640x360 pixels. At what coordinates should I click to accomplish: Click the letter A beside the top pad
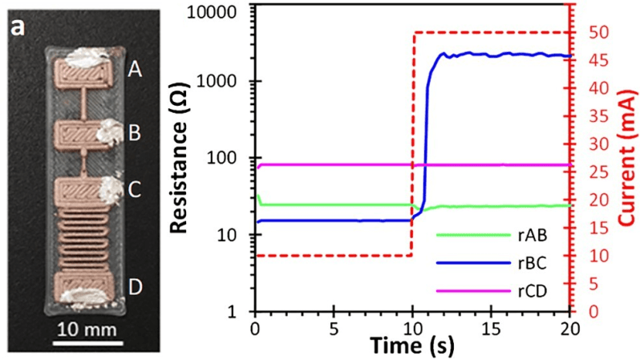point(136,71)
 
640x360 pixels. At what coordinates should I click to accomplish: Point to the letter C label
point(136,190)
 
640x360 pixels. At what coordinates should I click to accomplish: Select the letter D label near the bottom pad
point(136,286)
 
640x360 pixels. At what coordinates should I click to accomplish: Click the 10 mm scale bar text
point(79,330)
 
